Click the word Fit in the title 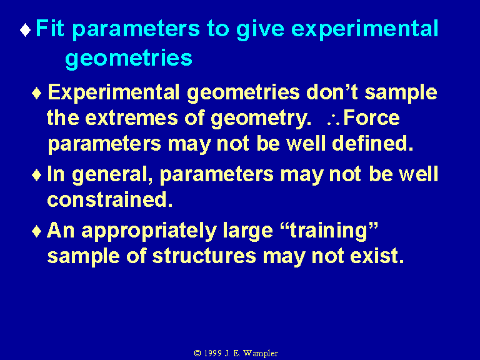pyautogui.click(x=49, y=28)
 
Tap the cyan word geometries pyautogui.click(x=129, y=59)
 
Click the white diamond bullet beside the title pyautogui.click(x=25, y=30)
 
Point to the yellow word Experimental pyautogui.click(x=114, y=93)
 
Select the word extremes pyautogui.click(x=131, y=118)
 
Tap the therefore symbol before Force pyautogui.click(x=333, y=120)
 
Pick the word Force pyautogui.click(x=372, y=117)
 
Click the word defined pyautogui.click(x=372, y=143)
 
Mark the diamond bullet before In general pyautogui.click(x=37, y=176)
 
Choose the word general pyautogui.click(x=112, y=176)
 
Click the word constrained pyautogui.click(x=110, y=200)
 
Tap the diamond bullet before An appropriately pyautogui.click(x=37, y=231)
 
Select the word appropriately pyautogui.click(x=149, y=232)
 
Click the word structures pyautogui.click(x=204, y=256)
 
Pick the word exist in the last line pyautogui.click(x=377, y=256)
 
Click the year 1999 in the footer pyautogui.click(x=212, y=353)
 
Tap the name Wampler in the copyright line pyautogui.click(x=261, y=354)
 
